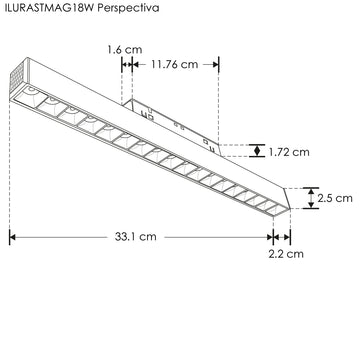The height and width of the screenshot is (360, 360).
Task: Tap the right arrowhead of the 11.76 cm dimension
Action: pos(215,63)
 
